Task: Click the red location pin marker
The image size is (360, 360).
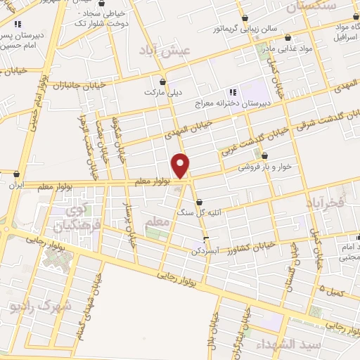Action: (181, 166)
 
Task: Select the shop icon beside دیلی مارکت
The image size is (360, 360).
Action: (162, 81)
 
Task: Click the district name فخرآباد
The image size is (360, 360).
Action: (326, 202)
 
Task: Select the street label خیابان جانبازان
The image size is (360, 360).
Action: (77, 85)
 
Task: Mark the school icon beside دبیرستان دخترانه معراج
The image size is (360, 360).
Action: (231, 92)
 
